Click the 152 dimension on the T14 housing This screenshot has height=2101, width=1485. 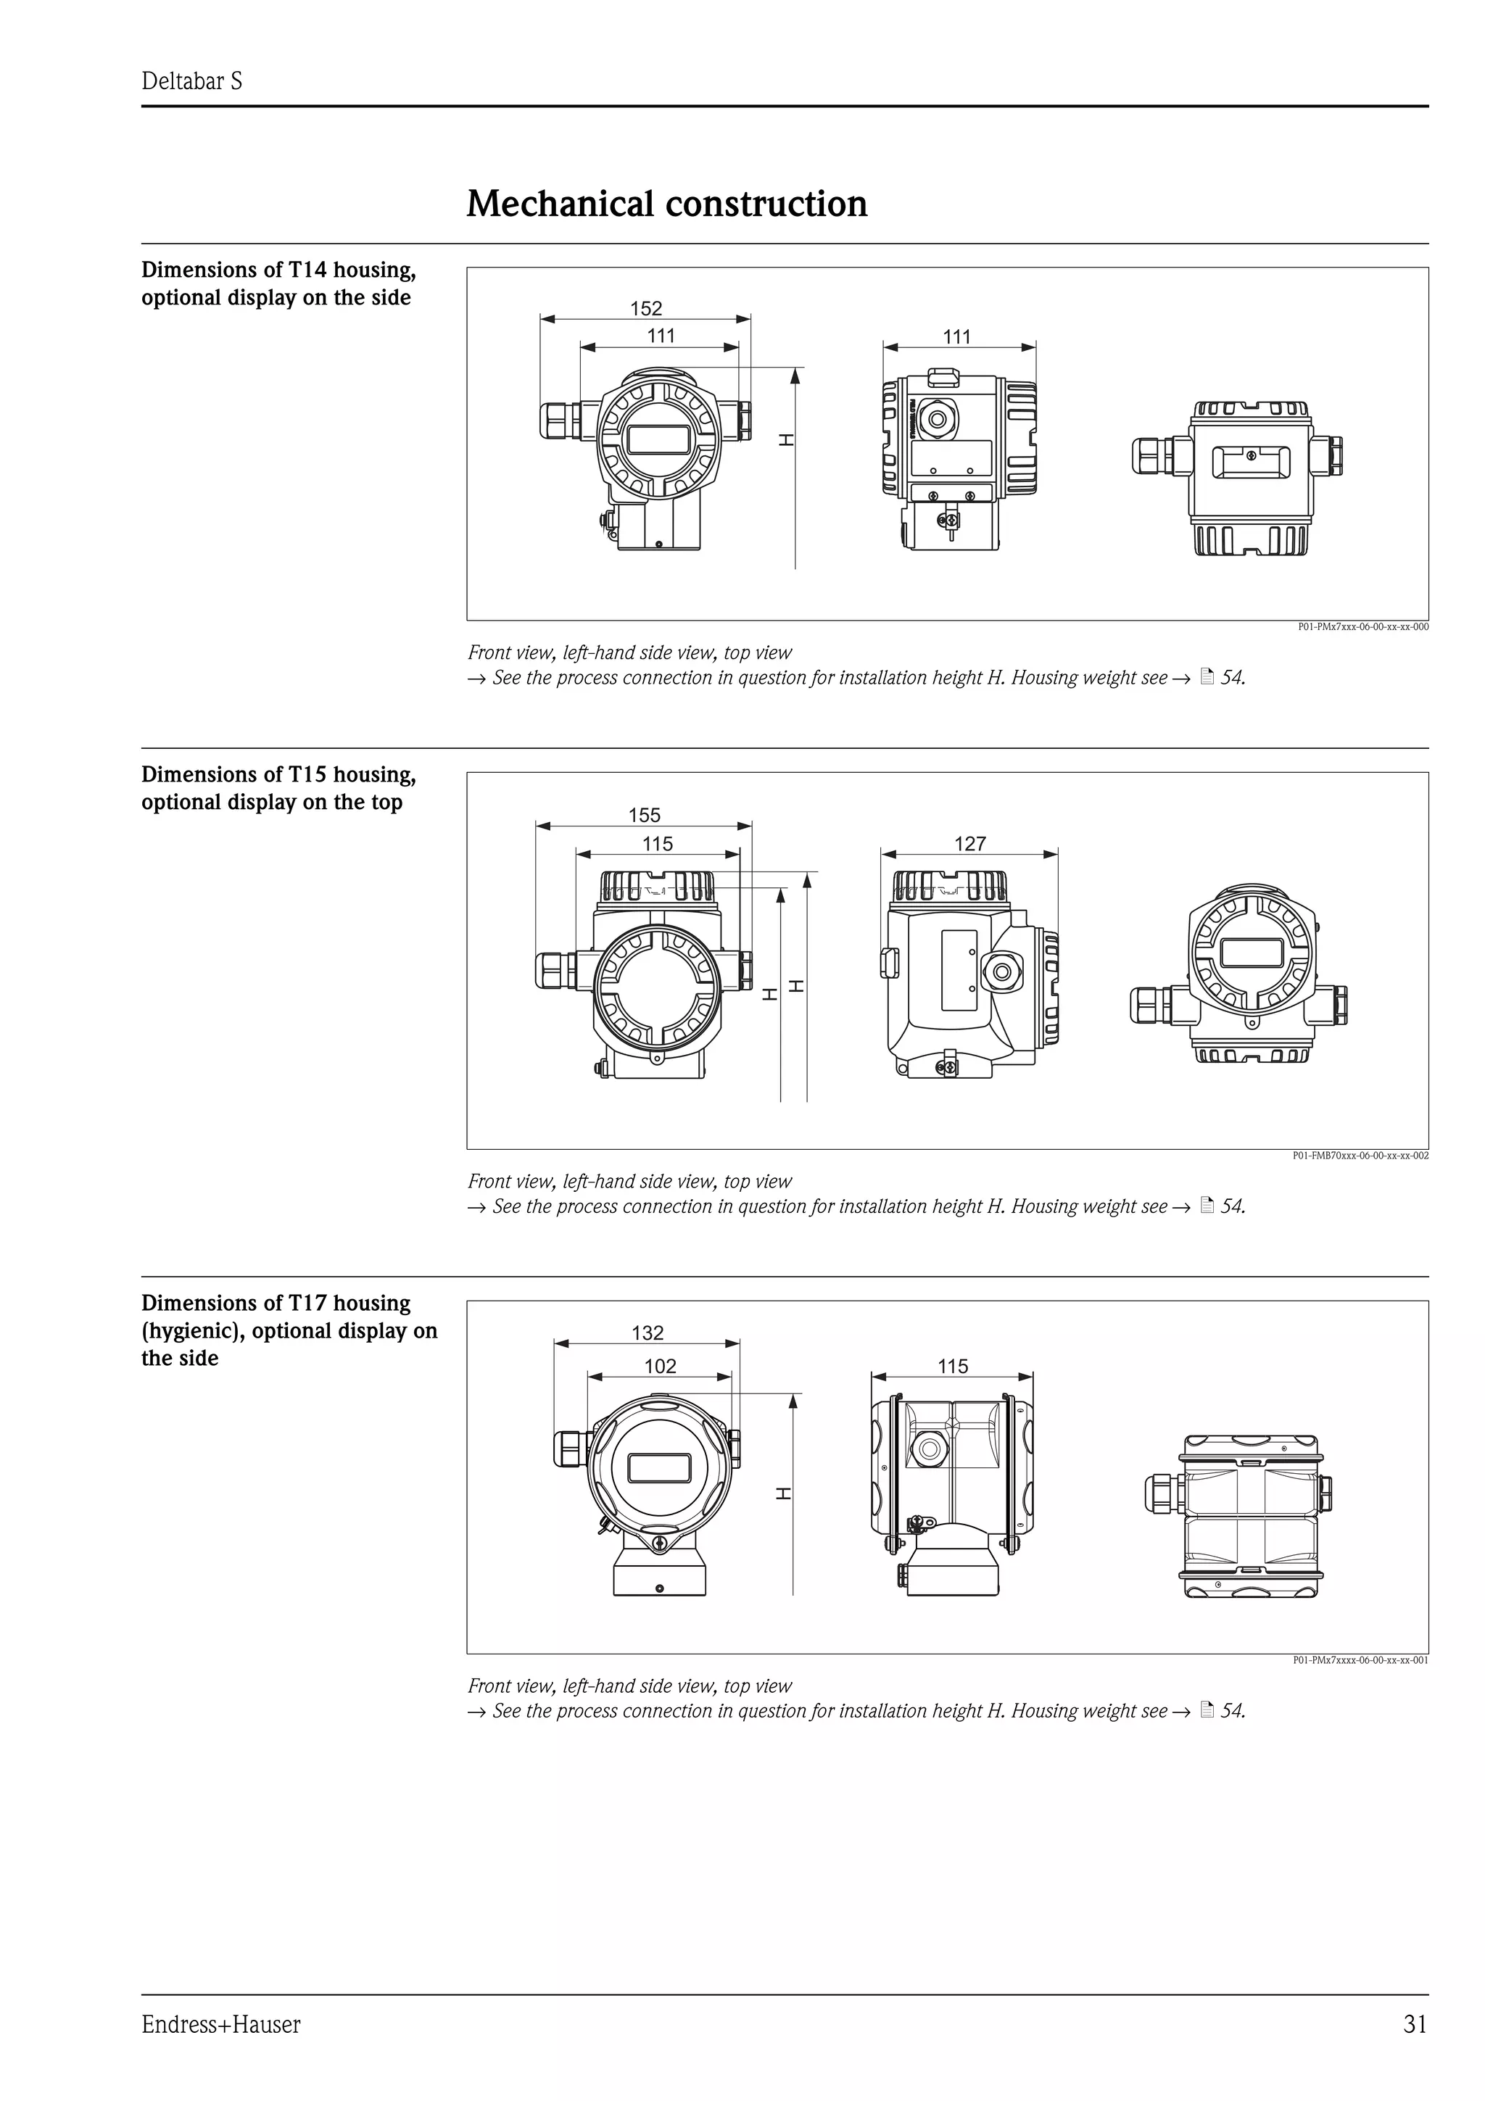(646, 308)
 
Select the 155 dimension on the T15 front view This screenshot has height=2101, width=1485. (644, 814)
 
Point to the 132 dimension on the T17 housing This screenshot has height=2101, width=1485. (648, 1333)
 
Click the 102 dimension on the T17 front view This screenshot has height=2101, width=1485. (660, 1365)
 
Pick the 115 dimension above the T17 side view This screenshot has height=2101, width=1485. (953, 1365)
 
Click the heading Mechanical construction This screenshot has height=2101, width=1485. (666, 203)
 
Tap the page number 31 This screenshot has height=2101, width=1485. (1415, 2024)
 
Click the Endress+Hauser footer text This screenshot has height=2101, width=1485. (220, 2024)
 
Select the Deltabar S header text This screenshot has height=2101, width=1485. (191, 81)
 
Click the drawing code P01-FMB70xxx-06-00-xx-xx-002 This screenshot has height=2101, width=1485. (1360, 1156)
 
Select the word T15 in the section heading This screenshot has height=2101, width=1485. (307, 775)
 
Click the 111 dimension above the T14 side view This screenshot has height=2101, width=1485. (956, 336)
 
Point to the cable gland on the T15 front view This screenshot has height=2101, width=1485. (553, 970)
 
